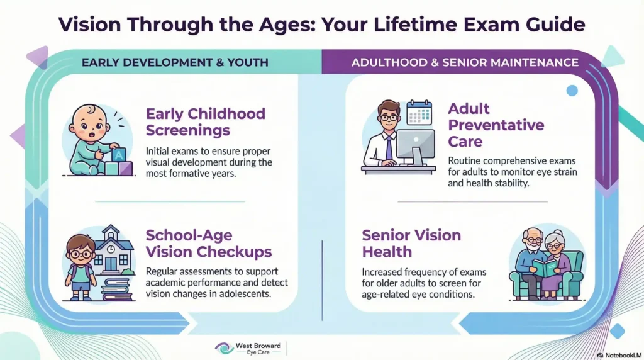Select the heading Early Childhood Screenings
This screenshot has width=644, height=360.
click(206, 123)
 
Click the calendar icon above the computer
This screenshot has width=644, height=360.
click(419, 113)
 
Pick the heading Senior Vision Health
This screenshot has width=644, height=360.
click(411, 244)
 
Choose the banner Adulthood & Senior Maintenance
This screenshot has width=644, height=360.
click(465, 62)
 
